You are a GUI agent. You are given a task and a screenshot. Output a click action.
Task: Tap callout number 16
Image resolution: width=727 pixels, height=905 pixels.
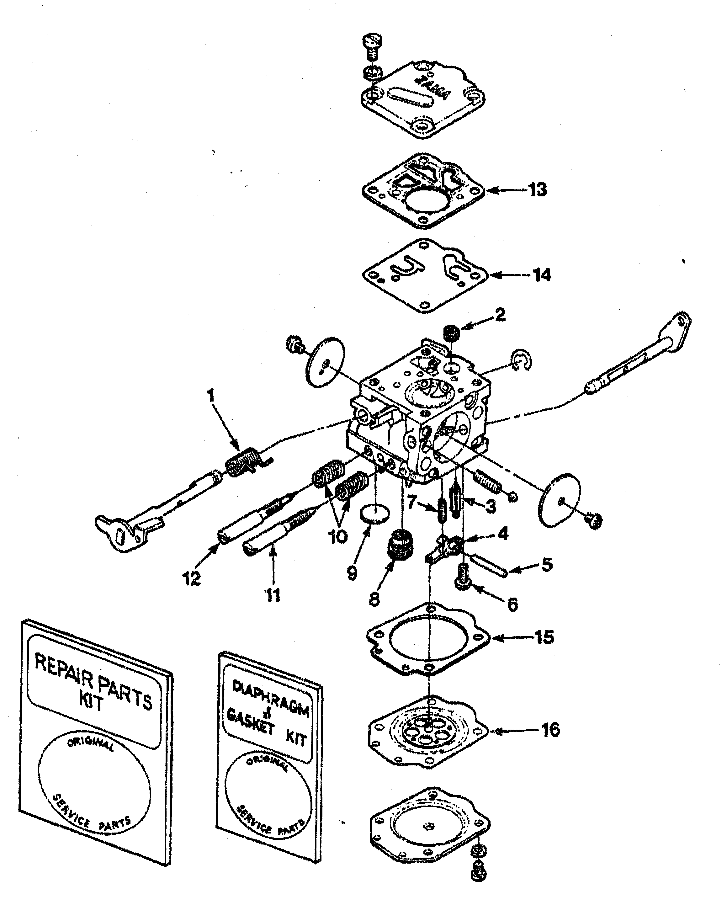pos(550,730)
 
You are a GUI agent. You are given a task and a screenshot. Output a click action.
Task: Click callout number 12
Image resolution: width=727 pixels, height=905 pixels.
pos(191,579)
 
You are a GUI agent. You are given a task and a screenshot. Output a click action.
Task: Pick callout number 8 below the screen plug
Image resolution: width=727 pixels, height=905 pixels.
pos(374,599)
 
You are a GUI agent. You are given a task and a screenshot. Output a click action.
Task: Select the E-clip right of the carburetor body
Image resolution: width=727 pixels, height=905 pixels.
pos(522,359)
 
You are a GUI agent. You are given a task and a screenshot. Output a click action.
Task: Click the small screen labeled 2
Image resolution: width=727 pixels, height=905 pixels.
pos(452,334)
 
